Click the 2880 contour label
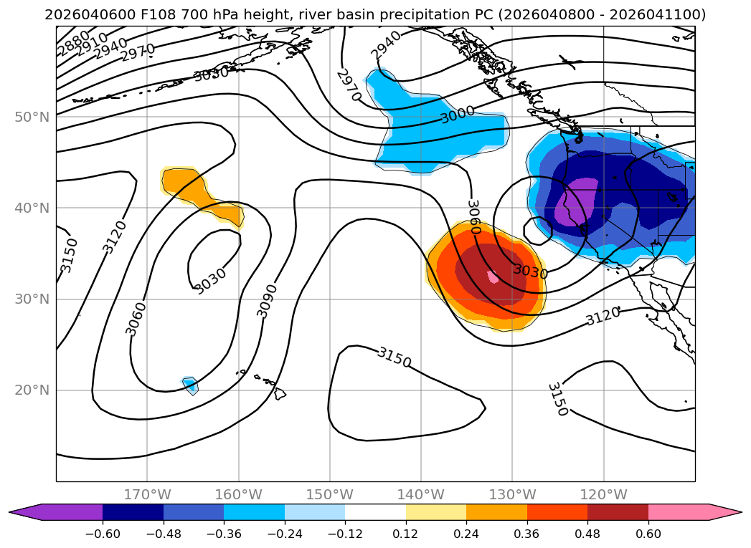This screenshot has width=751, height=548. [x=73, y=43]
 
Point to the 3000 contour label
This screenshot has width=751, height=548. [x=458, y=115]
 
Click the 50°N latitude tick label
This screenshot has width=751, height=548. [x=32, y=117]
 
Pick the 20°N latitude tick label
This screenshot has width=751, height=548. [x=32, y=390]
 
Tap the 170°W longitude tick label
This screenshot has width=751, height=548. [x=147, y=495]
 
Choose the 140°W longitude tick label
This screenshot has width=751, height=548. [x=421, y=495]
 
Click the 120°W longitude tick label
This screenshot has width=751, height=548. [x=604, y=495]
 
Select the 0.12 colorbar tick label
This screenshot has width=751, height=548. [x=406, y=535]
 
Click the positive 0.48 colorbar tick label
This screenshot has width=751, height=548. [x=587, y=535]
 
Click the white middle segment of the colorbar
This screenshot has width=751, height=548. [x=375, y=512]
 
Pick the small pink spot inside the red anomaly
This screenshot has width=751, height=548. [x=493, y=276]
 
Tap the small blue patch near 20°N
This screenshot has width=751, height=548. [x=190, y=385]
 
